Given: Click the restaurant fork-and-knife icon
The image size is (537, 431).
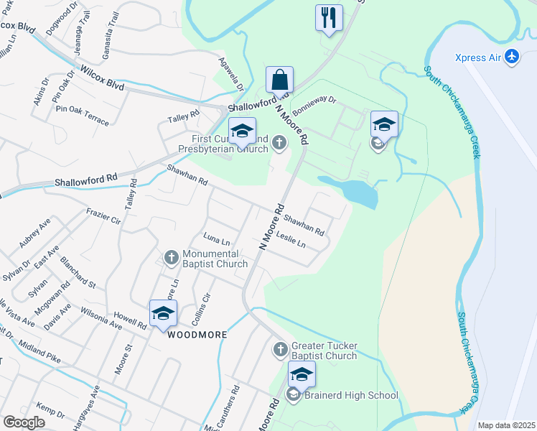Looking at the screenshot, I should pos(329,18).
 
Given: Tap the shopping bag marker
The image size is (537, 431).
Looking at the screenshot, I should pos(279,79).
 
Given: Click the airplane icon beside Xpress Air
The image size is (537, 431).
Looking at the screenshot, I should pos(512,57).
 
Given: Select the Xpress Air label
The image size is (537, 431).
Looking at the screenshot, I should pos(480,57).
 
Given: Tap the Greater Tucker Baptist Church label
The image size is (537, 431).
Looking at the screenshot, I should pos(324,351).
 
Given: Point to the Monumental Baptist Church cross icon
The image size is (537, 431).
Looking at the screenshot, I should pos(172,256).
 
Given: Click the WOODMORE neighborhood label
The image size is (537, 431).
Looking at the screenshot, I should pos(197,335).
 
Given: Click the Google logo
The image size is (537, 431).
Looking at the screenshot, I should pos(24,422).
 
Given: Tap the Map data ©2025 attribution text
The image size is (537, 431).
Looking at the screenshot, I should pos(505,425).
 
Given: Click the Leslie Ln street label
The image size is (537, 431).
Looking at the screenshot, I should pos(291,240).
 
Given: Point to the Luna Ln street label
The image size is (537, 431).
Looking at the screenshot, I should pos(217,238).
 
